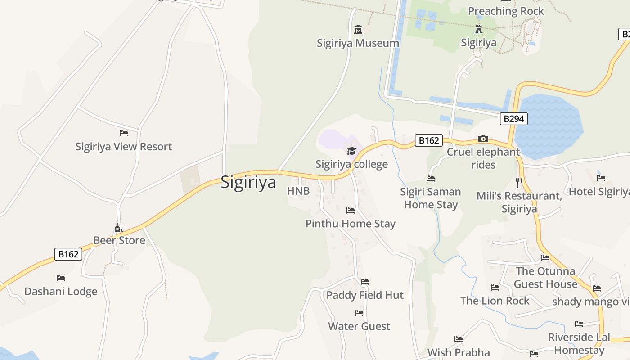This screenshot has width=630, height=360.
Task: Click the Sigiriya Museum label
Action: [x=358, y=43]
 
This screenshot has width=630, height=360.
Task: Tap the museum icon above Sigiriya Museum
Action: [x=358, y=30]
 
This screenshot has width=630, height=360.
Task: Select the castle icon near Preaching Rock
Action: [x=479, y=30]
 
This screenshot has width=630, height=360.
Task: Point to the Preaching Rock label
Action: [x=506, y=11]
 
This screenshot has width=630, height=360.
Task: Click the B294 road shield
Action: [x=513, y=119]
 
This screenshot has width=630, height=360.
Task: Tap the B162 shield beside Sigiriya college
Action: [x=428, y=140]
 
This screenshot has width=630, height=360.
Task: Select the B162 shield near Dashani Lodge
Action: [x=68, y=254]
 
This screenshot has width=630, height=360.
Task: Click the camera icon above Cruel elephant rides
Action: [x=483, y=139]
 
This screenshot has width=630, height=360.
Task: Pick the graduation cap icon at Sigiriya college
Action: [x=351, y=151]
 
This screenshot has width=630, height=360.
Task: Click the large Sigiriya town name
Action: [x=248, y=183]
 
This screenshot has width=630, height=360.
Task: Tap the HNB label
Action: [x=298, y=191]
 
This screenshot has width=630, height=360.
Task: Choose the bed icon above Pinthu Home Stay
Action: [x=351, y=210]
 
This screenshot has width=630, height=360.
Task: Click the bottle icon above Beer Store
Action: [x=119, y=228]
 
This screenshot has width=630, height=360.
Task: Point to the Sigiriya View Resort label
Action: [x=124, y=147]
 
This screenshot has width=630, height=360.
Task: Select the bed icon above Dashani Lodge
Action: [x=61, y=278]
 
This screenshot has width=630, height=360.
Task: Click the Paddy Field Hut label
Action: [x=365, y=295]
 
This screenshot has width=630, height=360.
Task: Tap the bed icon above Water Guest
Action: [x=359, y=313]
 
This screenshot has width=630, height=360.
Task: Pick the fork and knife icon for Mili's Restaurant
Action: [x=519, y=182]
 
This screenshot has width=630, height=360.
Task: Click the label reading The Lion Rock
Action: [x=495, y=301]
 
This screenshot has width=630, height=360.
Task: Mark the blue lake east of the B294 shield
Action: [x=549, y=126]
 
